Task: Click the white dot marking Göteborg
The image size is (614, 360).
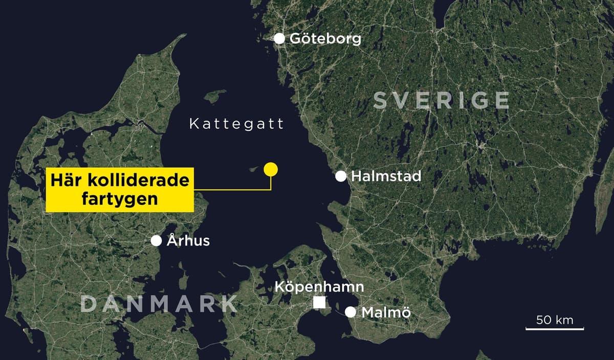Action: coord(279,38)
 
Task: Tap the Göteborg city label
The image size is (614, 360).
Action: coord(325,39)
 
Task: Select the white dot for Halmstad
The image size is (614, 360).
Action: coord(341,176)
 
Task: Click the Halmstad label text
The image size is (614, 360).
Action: coord(386,176)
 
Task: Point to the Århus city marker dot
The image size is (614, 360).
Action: coord(157,241)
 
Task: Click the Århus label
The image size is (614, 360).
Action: coord(188,241)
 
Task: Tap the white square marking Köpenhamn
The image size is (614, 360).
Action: coord(319,303)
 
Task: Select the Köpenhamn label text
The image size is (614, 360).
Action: coord(319,286)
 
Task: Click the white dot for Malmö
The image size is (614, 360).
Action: coord(350,312)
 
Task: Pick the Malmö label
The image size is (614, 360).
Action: coord(386,312)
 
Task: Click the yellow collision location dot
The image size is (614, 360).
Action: coord(270,169)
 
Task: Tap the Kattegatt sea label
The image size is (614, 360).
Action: coord(236,124)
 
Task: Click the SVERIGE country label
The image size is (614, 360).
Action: coord(441,100)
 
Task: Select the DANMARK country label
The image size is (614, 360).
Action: coord(159,304)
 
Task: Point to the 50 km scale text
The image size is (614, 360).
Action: coord(555,321)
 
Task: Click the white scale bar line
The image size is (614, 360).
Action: coord(555,328)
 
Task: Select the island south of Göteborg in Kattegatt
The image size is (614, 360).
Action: coord(215,96)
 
